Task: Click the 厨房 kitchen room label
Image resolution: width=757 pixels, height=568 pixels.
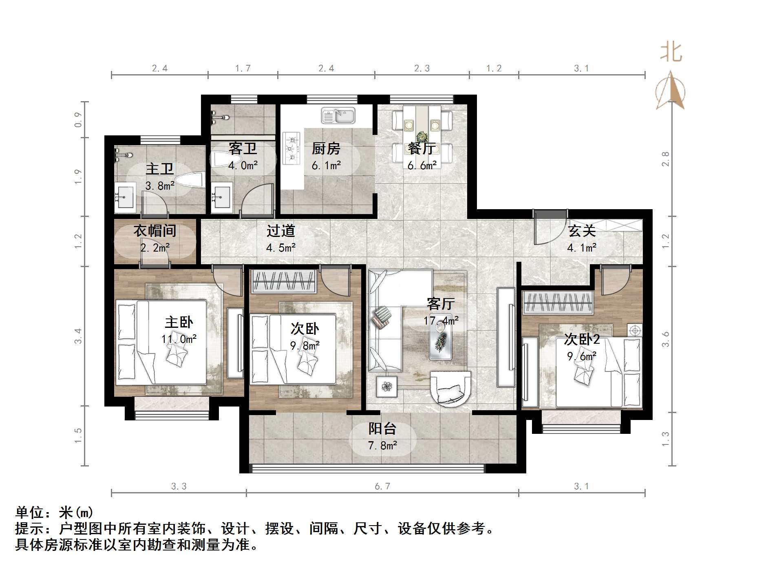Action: coord(326,149)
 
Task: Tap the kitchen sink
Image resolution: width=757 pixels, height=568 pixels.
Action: coord(338,116)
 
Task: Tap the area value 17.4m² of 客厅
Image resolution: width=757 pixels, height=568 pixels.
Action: coord(441,321)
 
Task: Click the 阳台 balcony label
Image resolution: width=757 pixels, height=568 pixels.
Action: coord(382,429)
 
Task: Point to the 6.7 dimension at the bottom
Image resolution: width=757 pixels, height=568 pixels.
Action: coord(382,486)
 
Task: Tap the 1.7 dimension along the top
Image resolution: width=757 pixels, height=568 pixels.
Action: coord(243,69)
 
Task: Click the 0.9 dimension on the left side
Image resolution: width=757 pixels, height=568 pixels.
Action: coord(78,119)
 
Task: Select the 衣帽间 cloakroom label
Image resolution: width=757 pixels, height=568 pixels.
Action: coord(155,231)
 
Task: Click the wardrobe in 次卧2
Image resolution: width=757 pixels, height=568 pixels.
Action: coord(557,303)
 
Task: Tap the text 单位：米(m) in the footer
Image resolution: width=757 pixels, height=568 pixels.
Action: coord(54,512)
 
